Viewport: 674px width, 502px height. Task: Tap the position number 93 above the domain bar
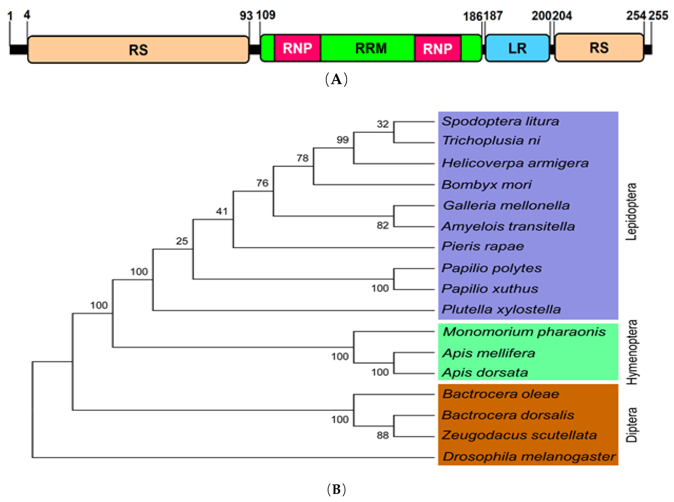[246, 15]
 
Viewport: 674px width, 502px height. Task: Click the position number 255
[658, 15]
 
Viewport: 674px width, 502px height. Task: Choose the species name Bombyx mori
[486, 184]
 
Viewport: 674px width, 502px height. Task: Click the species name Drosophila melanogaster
[529, 456]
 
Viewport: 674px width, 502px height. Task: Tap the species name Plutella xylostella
[501, 309]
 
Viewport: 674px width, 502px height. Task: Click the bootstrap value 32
[383, 124]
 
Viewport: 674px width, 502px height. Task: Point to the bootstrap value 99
[342, 140]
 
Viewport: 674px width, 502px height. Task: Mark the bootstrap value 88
[383, 435]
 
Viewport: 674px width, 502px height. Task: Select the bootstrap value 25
[182, 241]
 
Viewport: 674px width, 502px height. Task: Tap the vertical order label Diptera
[631, 425]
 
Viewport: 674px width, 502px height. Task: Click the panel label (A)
[336, 80]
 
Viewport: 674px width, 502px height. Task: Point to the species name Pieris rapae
[483, 246]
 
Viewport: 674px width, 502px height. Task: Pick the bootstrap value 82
[383, 225]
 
